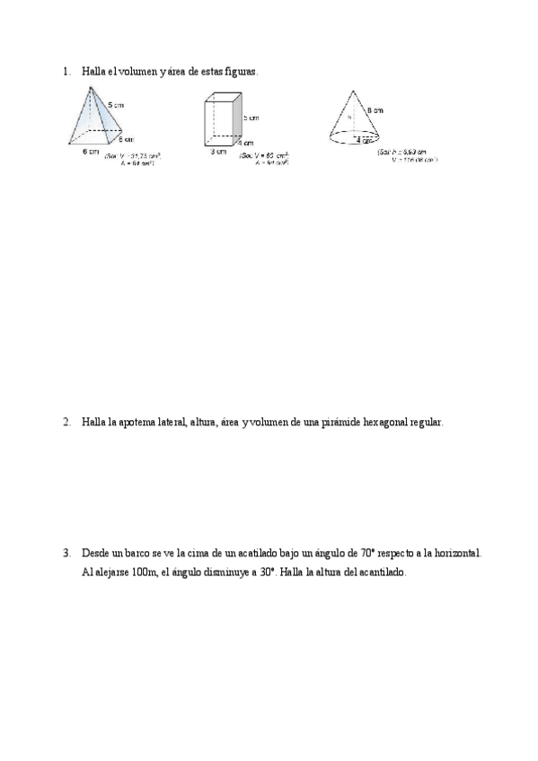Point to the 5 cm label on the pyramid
tap(116, 106)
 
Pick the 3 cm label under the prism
tap(216, 152)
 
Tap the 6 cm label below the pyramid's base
tap(90, 152)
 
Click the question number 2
tap(66, 422)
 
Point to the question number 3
tap(66, 555)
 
